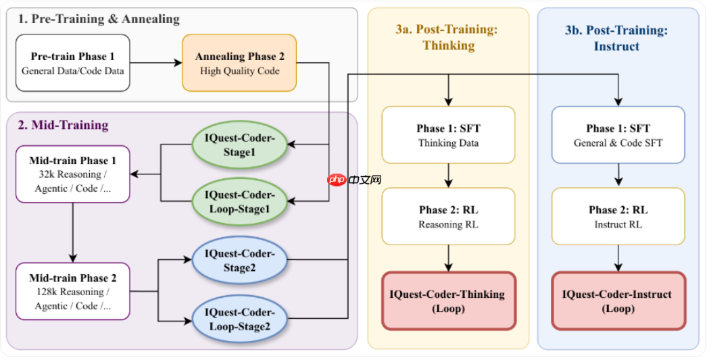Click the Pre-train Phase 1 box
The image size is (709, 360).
point(72,63)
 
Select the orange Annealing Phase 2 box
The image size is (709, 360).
point(239,63)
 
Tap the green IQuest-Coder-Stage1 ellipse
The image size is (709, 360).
point(239,145)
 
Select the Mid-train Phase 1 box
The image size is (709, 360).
point(72,174)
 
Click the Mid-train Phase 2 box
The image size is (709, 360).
point(72,291)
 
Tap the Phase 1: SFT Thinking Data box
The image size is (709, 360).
point(448,135)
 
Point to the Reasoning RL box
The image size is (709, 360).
point(448,216)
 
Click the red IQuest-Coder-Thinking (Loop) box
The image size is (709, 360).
point(448,301)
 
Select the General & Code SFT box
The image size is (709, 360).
point(618,135)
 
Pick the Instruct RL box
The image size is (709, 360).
point(618,216)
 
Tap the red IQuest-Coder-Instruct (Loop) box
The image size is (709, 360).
point(618,301)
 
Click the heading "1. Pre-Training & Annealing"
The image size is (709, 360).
point(99,19)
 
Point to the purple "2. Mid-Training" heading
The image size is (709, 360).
point(63,125)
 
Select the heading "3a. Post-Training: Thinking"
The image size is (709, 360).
point(448,37)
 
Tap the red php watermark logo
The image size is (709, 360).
point(335,180)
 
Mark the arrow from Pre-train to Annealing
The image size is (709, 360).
point(155,63)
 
